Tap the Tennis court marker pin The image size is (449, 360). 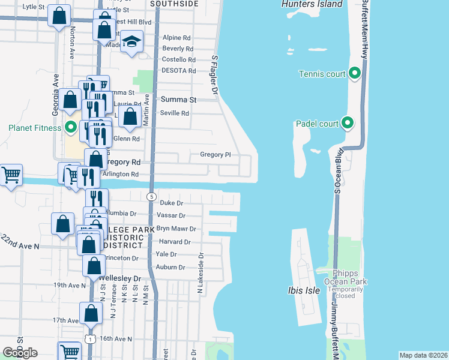coord(354,74)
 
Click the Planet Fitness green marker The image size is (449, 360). coord(71,127)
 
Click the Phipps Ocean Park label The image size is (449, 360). coord(345,277)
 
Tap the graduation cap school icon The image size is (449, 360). coord(131,41)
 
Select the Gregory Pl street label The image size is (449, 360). coord(215,154)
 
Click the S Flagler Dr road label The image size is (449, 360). coord(214,76)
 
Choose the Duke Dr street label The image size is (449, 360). coord(171,203)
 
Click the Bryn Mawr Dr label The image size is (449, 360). coord(176,229)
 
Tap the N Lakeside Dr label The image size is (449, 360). coord(200,273)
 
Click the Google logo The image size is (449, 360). coord(20,353)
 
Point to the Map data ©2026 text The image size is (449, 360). coord(423,355)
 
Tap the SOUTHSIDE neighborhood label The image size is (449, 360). coord(174,4)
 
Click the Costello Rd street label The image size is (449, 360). coord(179,60)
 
